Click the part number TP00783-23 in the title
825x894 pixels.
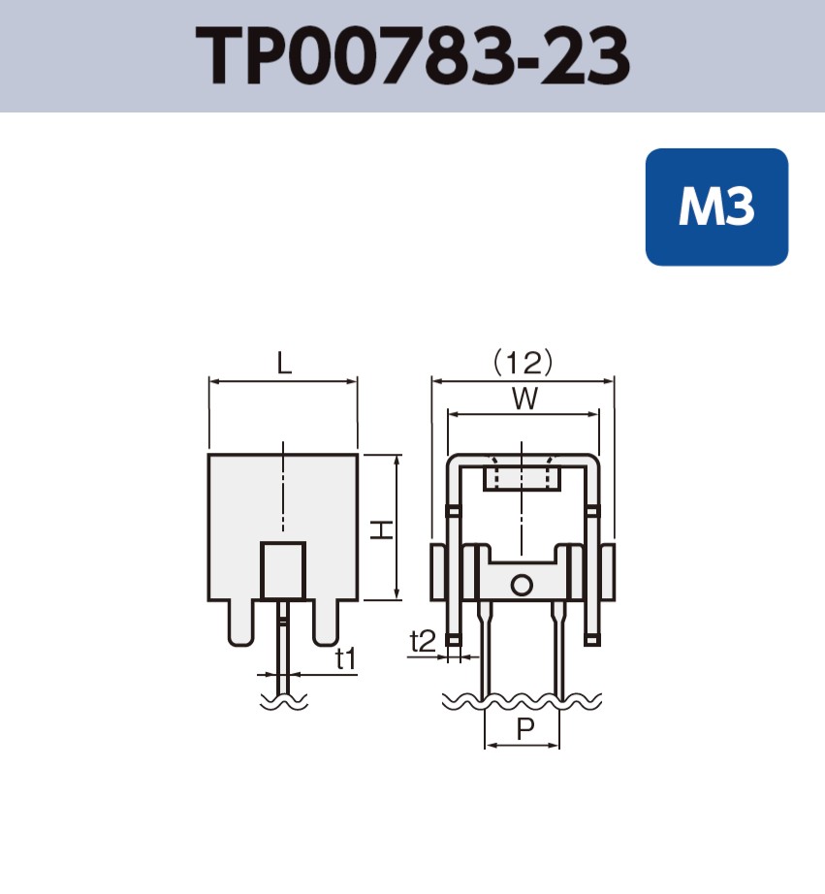[x=413, y=56]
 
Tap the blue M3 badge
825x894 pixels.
[x=716, y=207]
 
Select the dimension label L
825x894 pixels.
[x=283, y=364]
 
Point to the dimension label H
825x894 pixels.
[x=383, y=528]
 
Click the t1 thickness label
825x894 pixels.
[x=346, y=659]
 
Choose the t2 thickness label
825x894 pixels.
[x=422, y=641]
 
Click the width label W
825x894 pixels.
[x=524, y=399]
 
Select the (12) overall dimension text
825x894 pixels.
[x=524, y=363]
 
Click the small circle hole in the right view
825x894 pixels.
[x=522, y=585]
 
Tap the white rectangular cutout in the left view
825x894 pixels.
[x=283, y=571]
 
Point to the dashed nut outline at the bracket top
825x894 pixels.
[x=522, y=476]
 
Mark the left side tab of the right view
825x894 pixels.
[x=437, y=572]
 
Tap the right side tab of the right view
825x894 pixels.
[x=608, y=572]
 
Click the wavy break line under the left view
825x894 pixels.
[x=283, y=699]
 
